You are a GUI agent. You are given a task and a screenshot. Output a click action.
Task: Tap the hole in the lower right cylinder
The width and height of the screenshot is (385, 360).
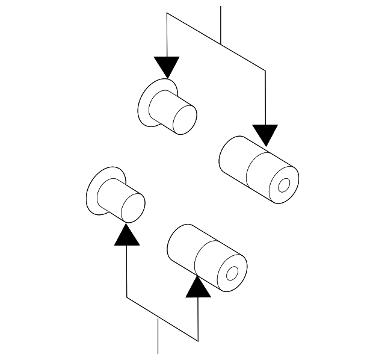[x=233, y=274]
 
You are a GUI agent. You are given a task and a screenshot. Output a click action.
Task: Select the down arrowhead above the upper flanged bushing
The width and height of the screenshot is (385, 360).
[x=167, y=66]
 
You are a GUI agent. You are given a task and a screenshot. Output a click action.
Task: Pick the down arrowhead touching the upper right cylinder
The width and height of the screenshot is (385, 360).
[x=265, y=134]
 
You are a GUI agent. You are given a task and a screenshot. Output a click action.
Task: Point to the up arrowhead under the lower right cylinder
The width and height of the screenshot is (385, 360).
[x=199, y=287]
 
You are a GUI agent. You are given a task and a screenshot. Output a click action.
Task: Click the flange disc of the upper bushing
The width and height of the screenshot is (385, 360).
[x=146, y=107]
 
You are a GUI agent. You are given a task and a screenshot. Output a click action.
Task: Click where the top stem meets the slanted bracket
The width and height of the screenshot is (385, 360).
[x=221, y=44]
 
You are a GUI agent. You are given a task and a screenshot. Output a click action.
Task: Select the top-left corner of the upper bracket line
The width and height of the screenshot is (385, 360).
[x=167, y=13]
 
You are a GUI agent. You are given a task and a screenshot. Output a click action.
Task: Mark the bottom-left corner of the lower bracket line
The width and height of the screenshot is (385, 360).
[x=127, y=297]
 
